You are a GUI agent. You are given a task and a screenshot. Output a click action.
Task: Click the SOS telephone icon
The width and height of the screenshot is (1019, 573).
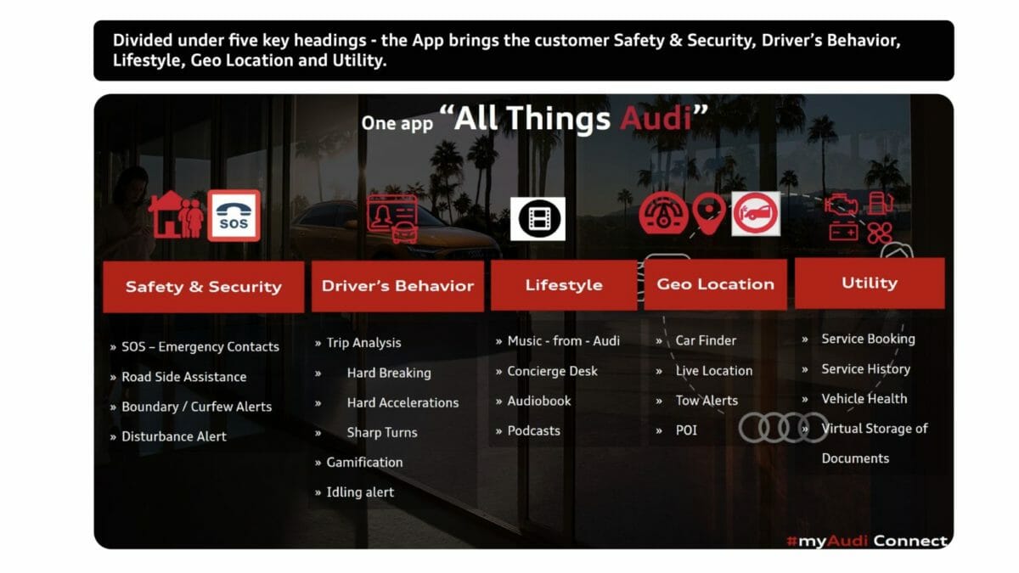click(x=234, y=216)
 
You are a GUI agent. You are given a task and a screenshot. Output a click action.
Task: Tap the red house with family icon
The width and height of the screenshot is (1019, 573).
click(x=176, y=215)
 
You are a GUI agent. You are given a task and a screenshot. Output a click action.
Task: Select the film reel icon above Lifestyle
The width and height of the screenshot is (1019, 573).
click(x=538, y=219)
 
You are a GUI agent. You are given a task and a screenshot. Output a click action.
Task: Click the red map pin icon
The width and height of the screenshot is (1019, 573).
click(x=709, y=213)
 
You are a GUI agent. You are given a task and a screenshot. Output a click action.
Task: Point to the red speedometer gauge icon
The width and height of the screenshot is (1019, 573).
click(x=664, y=213)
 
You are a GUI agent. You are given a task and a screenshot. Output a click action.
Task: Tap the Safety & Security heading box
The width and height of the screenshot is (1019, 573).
click(x=203, y=287)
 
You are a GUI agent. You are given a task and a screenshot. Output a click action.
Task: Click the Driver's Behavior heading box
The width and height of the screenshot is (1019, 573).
click(x=397, y=285)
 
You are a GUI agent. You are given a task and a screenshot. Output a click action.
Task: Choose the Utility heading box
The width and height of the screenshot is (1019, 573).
click(x=870, y=283)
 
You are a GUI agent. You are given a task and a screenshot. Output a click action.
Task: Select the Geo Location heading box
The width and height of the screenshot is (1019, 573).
click(x=716, y=284)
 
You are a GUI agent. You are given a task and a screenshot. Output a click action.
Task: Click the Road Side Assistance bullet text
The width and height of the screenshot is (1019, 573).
click(x=183, y=377)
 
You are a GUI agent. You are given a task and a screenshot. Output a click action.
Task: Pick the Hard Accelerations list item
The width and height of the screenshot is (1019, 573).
click(x=403, y=403)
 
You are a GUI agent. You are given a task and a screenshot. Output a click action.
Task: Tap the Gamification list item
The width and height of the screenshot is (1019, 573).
click(x=364, y=463)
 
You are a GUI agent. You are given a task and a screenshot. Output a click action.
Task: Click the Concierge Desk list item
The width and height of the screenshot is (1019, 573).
click(x=552, y=371)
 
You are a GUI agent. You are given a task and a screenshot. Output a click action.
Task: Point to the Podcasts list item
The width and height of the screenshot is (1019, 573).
click(x=533, y=430)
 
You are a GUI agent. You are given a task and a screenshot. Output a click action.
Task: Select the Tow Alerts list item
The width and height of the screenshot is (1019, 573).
click(x=707, y=401)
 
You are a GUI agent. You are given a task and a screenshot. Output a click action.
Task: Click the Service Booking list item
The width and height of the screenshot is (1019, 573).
click(x=868, y=340)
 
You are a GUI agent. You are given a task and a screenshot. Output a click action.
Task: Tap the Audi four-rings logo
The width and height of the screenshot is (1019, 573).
click(x=783, y=428)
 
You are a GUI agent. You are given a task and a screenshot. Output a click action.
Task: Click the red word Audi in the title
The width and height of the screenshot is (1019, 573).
click(x=656, y=118)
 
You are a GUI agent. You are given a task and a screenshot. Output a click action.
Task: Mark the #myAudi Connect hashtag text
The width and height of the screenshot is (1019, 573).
click(x=867, y=541)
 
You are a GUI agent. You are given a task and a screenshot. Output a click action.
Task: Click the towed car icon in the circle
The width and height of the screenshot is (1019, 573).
click(x=756, y=214)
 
